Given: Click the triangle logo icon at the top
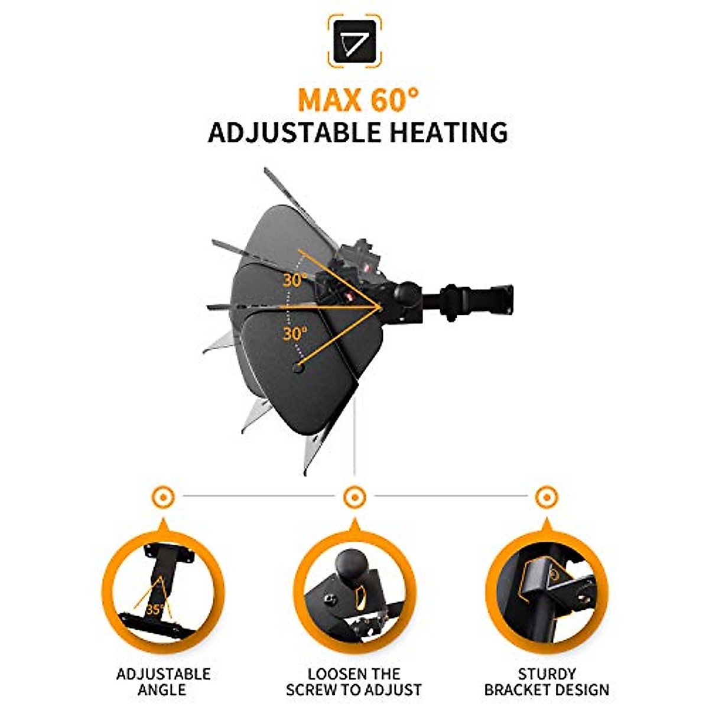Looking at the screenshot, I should tap(354, 41).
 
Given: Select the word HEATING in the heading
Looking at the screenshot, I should tap(448, 132).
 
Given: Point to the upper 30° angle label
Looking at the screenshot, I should tap(294, 280).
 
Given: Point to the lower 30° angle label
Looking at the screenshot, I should tap(294, 334).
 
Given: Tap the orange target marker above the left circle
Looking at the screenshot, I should tap(163, 497).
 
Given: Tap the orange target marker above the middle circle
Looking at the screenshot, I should tap(354, 497).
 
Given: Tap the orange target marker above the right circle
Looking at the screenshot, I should tap(545, 497).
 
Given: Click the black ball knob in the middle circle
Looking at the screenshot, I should tap(350, 565).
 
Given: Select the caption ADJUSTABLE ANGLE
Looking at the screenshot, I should tap(163, 681).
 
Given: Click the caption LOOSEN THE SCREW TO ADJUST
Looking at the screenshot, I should tap(354, 681).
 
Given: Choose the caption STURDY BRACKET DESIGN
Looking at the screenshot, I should tap(546, 681).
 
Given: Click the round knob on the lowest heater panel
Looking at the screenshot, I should tap(297, 367).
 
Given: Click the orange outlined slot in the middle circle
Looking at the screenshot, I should tap(357, 599).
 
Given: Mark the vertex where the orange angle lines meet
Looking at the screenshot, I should tap(379, 307).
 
